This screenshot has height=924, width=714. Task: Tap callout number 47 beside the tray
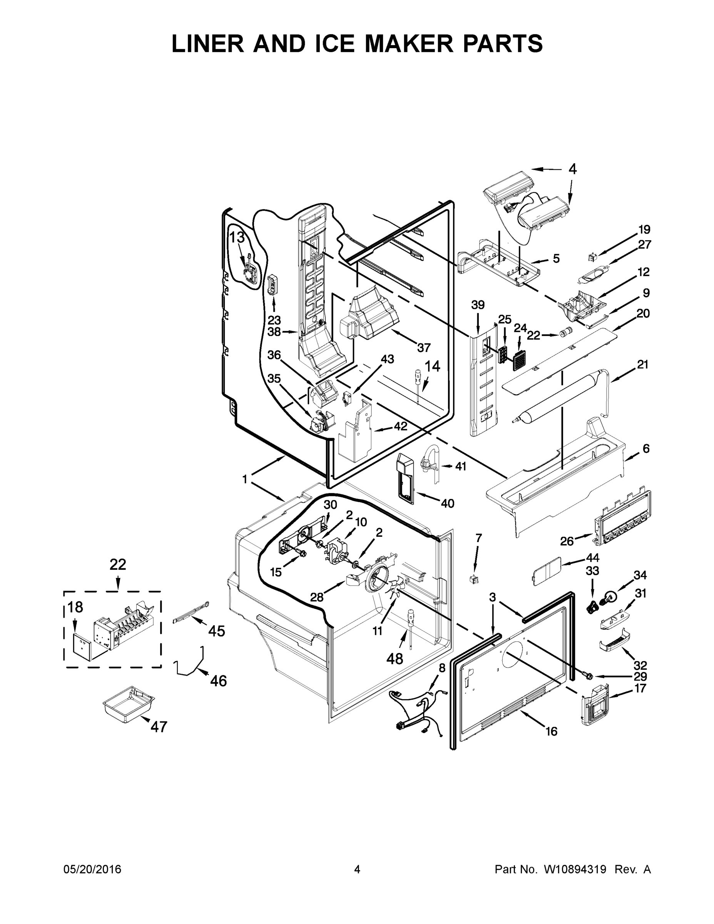(x=159, y=726)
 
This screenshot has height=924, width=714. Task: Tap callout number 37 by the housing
(x=423, y=347)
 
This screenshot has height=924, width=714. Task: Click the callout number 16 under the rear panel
(x=551, y=731)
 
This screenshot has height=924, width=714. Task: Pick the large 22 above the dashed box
(x=118, y=564)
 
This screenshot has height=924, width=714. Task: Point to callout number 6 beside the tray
(x=646, y=449)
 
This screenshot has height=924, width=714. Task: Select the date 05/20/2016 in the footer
(x=92, y=869)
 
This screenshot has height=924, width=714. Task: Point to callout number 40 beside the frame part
(x=447, y=503)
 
